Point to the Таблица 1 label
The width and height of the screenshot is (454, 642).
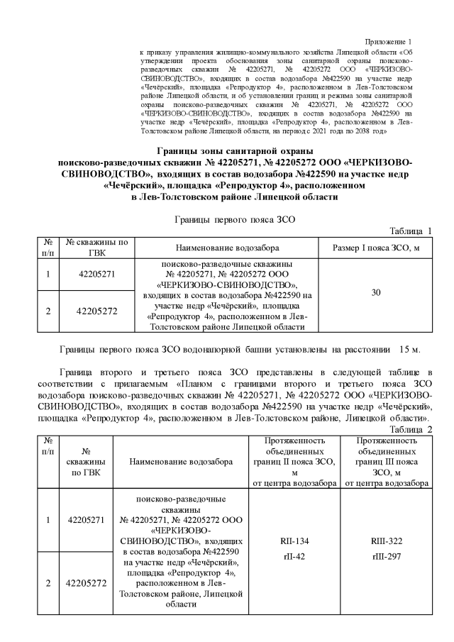click(411, 231)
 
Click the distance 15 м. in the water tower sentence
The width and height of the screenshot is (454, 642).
click(410, 350)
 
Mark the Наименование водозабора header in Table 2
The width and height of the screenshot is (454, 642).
click(181, 461)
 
